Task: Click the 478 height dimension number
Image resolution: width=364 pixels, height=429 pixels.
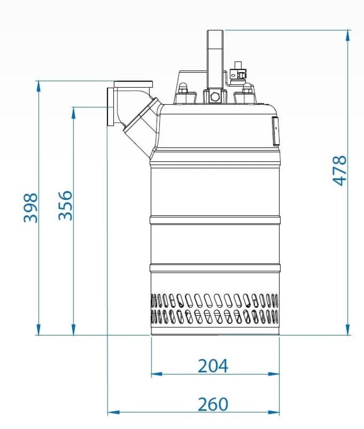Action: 340,171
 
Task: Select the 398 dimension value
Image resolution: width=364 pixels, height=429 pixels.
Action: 30,208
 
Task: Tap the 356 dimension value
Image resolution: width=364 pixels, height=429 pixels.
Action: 66,205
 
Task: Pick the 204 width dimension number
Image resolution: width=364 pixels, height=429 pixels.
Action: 213,366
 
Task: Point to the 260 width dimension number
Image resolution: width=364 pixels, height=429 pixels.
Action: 213,405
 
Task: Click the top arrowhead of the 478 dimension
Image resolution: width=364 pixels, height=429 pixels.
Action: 348,35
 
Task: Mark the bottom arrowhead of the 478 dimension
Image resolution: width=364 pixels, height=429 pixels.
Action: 348,329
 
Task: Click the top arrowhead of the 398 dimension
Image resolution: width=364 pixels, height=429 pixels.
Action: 39,86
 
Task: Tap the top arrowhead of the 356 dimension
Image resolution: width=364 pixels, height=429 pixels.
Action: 73,112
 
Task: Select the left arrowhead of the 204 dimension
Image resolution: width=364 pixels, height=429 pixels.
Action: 157,374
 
